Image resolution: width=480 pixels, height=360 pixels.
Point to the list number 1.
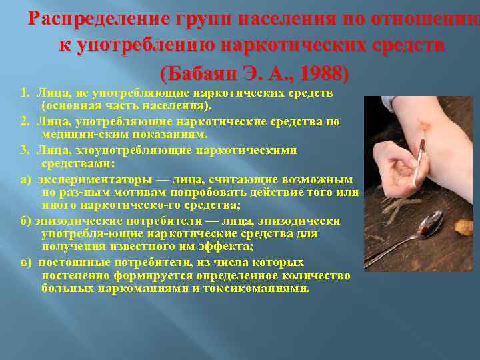coord(24,93)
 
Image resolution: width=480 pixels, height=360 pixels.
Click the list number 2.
coord(24,121)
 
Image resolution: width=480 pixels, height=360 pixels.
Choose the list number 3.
coord(24,150)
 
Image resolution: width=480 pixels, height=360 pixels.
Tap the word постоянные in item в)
coord(69,262)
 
